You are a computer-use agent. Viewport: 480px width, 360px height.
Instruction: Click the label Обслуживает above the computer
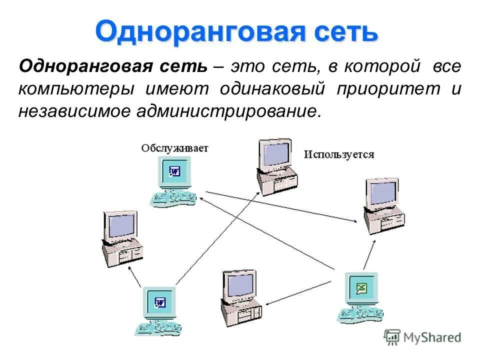[x=174, y=148]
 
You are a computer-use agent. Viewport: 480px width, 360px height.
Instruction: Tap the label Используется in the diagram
[x=339, y=154]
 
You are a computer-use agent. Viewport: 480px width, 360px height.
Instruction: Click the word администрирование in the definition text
[x=226, y=110]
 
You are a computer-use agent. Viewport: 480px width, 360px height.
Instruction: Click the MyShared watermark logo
[x=422, y=337]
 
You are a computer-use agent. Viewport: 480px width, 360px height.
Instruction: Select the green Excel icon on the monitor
[x=361, y=288]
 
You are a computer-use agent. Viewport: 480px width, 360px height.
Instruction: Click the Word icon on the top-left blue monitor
[x=175, y=172]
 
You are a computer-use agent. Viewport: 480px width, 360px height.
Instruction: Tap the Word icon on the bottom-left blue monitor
[x=160, y=302]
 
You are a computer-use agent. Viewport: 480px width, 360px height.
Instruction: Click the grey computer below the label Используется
[x=276, y=166]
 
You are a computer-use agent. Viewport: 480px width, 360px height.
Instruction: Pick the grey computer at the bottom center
[x=240, y=298]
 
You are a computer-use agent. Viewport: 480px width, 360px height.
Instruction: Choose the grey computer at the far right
[x=383, y=204]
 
